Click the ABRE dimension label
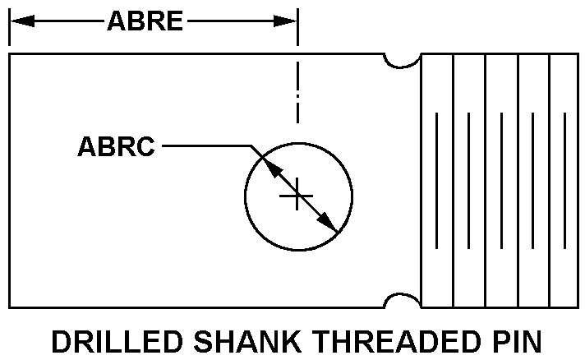coord(145,21)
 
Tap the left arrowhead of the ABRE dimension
coord(19,21)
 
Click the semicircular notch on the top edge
coord(403,60)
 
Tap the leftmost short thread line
coord(436,180)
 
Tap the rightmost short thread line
coord(565,180)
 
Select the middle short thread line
coord(500,180)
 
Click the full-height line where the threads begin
coord(421,180)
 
